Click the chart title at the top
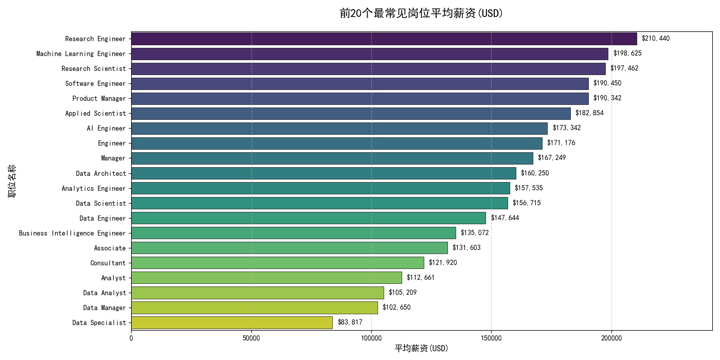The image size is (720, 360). [421, 13]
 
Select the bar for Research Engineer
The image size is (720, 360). [384, 39]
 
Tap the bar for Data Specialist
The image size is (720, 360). [231, 322]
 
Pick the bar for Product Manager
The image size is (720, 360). [359, 98]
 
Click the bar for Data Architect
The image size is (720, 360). [323, 173]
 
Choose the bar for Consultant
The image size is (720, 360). [277, 263]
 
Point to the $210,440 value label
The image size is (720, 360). [655, 39]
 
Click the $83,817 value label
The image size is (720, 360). [350, 322]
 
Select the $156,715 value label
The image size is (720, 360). [526, 203]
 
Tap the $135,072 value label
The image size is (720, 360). [474, 233]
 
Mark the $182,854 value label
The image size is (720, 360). [589, 113]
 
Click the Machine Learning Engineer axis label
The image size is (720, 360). [81, 53]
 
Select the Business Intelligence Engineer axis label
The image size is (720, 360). [72, 233]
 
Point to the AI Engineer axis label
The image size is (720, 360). [106, 128]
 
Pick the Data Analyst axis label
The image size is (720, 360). [104, 293]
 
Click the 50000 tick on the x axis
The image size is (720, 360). [251, 337]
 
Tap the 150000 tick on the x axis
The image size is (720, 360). [491, 337]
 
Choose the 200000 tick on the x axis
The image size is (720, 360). [611, 337]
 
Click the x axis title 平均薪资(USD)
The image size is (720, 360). [421, 349]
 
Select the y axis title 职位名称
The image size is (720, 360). [11, 181]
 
